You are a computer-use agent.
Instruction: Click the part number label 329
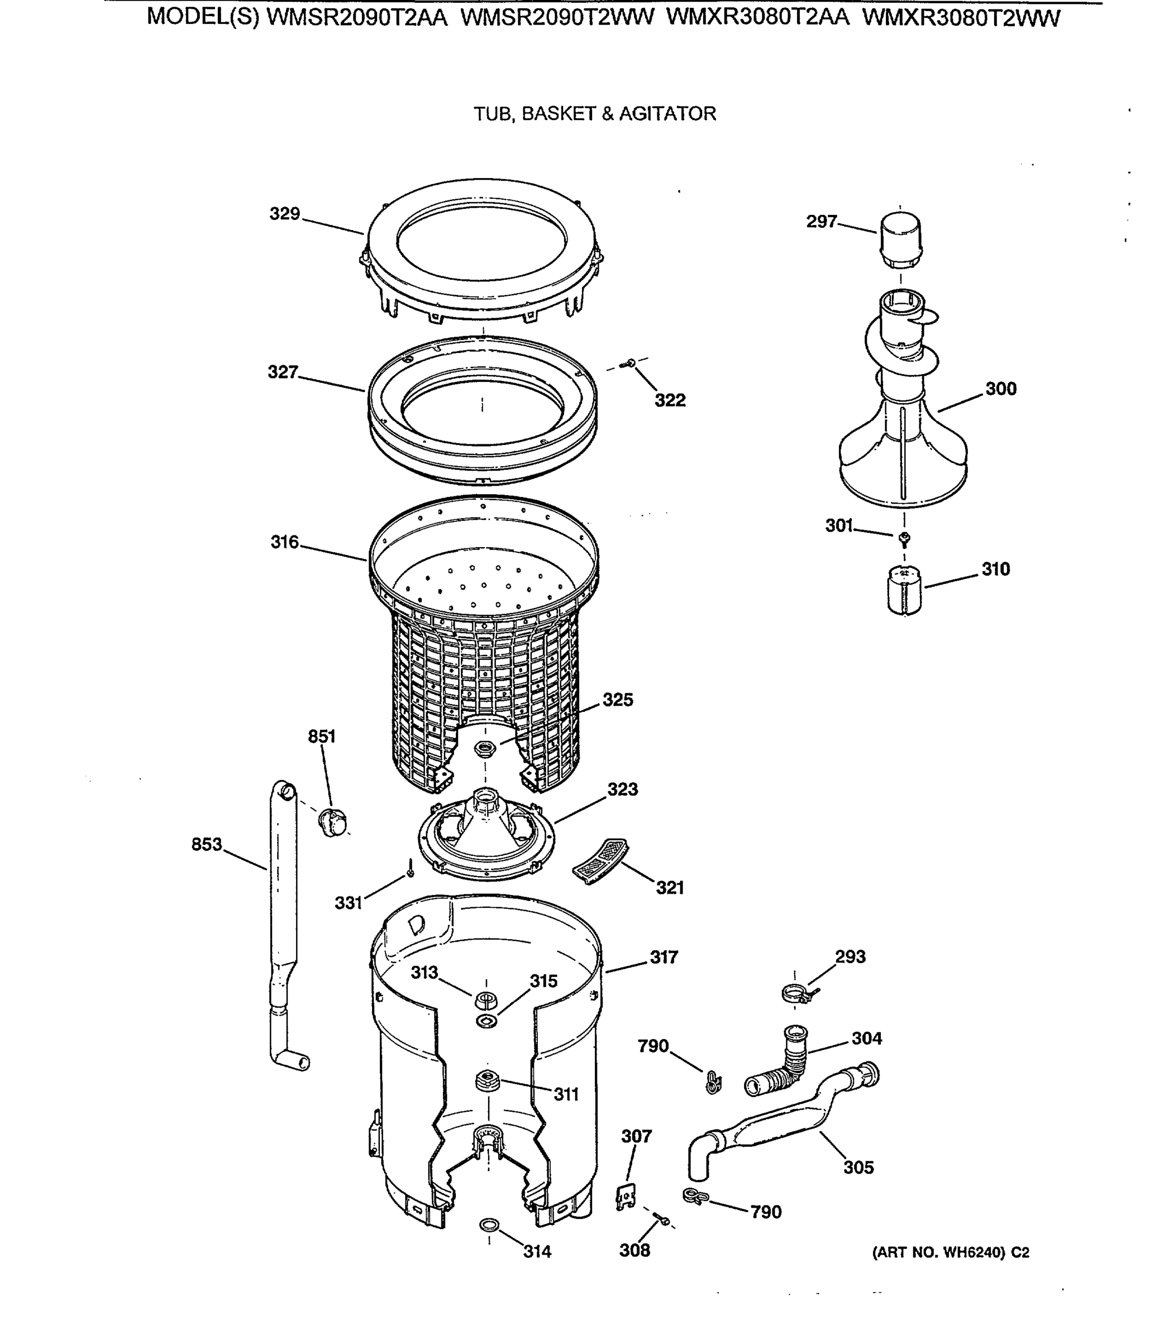pyautogui.click(x=284, y=214)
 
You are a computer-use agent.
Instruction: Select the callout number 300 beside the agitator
pyautogui.click(x=1001, y=389)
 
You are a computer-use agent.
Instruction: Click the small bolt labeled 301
pyautogui.click(x=904, y=538)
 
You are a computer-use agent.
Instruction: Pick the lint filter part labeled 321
pyautogui.click(x=600, y=860)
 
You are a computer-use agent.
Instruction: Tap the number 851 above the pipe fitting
pyautogui.click(x=322, y=736)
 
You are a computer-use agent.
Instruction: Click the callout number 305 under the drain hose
pyautogui.click(x=858, y=1167)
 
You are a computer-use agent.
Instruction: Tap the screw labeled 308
pyautogui.click(x=662, y=1221)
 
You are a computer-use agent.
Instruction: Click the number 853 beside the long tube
pyautogui.click(x=207, y=845)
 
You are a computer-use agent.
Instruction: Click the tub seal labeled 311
pyautogui.click(x=486, y=1080)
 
